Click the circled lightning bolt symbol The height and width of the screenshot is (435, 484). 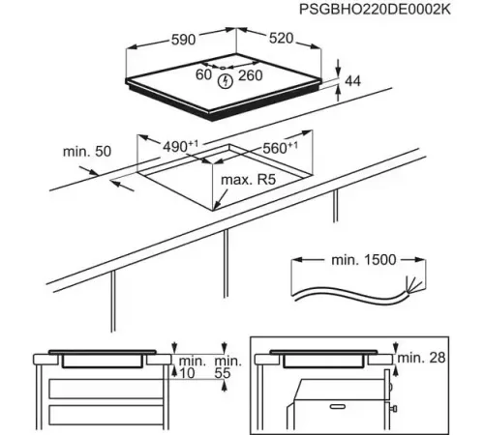click(226, 80)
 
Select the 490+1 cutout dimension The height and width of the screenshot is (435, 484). click(180, 146)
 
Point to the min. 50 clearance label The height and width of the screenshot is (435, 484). click(88, 152)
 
